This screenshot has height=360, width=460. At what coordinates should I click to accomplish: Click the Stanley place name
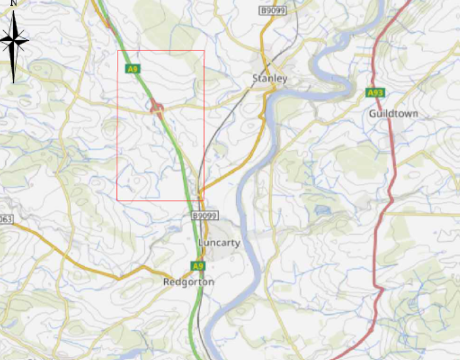coord(269,79)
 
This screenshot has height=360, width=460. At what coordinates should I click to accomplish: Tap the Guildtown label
coord(394,113)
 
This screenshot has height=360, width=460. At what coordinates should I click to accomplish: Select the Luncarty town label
coord(219,242)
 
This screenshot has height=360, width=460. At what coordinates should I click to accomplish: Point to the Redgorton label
coord(189,282)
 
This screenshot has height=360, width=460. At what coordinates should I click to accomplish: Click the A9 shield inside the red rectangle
coord(133,69)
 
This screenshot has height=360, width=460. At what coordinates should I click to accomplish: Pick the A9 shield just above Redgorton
coord(198,266)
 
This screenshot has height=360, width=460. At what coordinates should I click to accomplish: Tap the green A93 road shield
coord(375,93)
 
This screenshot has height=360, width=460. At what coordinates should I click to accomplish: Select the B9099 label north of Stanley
coord(272,11)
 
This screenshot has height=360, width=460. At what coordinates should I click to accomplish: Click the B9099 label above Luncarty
coord(205,216)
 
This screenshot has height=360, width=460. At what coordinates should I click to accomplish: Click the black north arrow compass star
coord(14,42)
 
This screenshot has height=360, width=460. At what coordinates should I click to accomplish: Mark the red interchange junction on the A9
coord(157,110)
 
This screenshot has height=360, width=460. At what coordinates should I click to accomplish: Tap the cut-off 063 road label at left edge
coord(6,219)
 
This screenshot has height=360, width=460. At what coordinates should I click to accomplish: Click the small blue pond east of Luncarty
coord(323,209)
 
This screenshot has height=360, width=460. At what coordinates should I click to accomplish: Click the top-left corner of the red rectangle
coord(118,50)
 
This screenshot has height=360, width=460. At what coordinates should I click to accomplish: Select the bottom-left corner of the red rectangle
coord(117,201)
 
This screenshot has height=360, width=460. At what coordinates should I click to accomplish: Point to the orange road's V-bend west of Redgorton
coord(118,278)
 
